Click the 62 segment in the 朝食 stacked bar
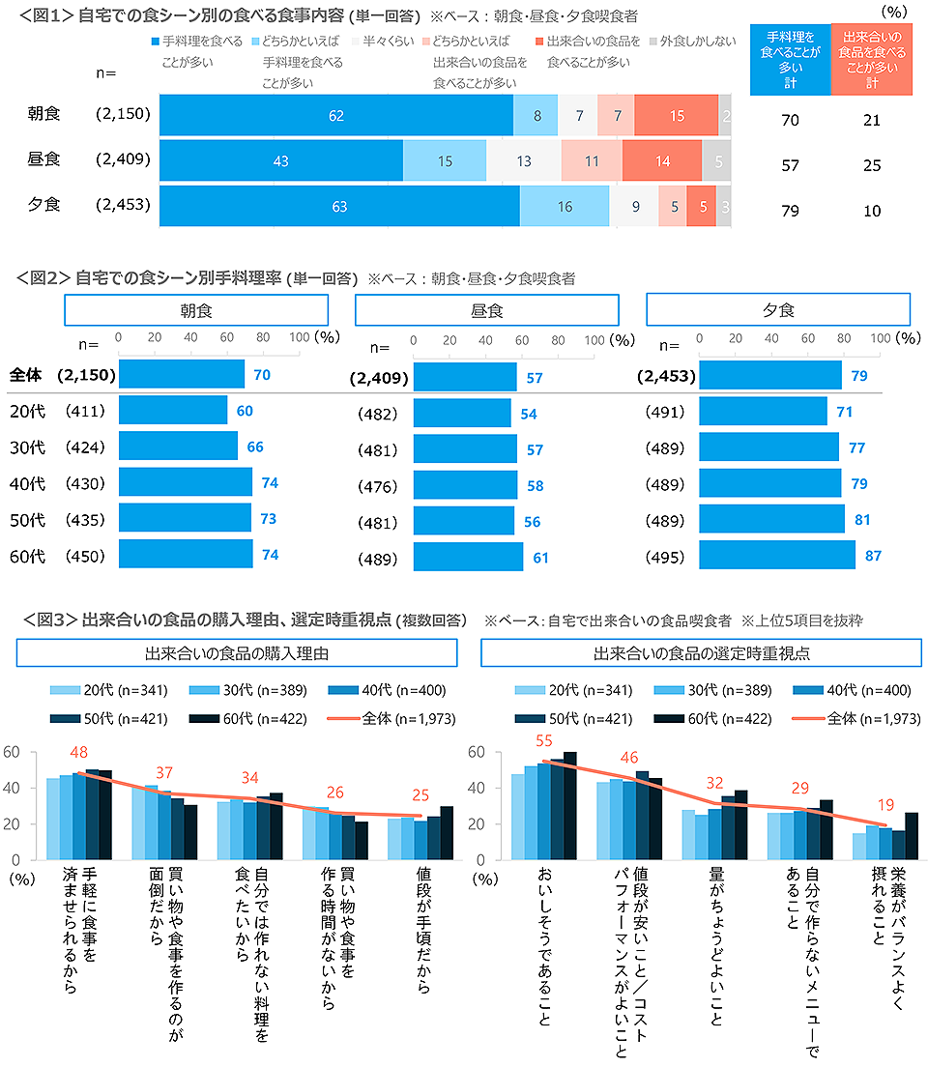(336, 115)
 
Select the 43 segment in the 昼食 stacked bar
(281, 160)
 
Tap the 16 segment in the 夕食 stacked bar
(565, 206)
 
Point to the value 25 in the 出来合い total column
(872, 165)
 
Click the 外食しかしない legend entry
(688, 43)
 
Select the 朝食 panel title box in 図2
(196, 310)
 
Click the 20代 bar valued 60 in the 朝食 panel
(173, 411)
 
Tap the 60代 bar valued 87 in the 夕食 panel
(776, 555)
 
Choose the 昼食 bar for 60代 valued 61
(468, 557)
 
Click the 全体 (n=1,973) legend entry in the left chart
(391, 718)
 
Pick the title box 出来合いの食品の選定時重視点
(702, 653)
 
